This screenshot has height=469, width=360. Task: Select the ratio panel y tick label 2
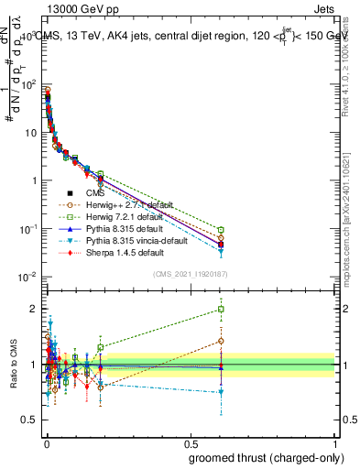pyautogui.click(x=33, y=309)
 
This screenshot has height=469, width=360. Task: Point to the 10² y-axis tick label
pyautogui.click(x=28, y=84)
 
